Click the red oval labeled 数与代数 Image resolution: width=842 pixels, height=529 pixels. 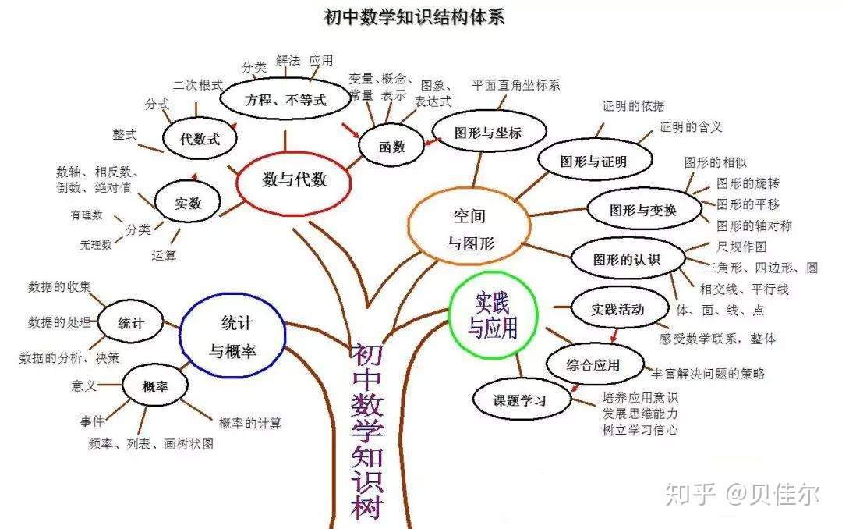coord(294,179)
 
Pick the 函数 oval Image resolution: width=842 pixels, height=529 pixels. coord(392,147)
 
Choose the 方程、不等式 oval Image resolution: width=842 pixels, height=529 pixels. coord(285,100)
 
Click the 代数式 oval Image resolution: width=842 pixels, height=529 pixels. coord(200,140)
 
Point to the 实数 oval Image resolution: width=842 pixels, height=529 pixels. coord(188,203)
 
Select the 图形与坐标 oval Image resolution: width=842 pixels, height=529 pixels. coord(487,132)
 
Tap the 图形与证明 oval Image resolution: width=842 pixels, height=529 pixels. coord(593,162)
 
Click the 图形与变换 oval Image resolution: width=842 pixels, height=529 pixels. coord(642,209)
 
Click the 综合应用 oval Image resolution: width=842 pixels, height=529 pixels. coord(595,364)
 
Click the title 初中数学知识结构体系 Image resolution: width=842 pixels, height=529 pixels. coord(414,17)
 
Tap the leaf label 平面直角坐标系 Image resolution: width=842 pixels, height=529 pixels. coord(515,84)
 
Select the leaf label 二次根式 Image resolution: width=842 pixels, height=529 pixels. coord(198,83)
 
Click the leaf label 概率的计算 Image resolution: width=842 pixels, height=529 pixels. coord(250,423)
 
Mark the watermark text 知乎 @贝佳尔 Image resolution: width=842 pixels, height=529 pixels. coord(741,494)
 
